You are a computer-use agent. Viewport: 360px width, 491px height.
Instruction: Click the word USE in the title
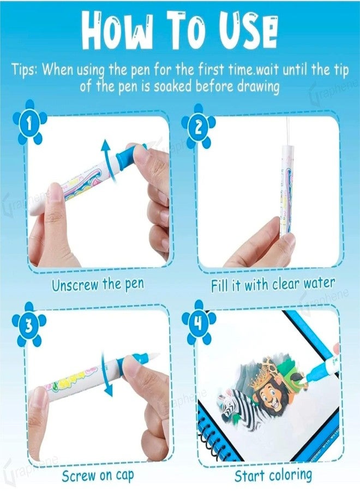(x=248, y=33)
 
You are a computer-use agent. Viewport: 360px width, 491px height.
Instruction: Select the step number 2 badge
(x=199, y=127)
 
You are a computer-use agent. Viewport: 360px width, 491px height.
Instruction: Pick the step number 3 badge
(x=29, y=325)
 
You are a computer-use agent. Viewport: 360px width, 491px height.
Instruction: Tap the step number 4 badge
(x=199, y=323)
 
